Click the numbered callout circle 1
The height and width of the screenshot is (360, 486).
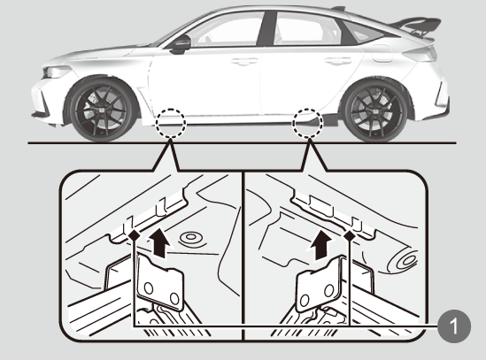coord(454,326)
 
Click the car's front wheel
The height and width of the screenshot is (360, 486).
coord(103,110)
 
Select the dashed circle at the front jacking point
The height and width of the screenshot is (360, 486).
coord(171,123)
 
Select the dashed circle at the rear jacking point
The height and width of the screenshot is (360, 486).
coord(308,123)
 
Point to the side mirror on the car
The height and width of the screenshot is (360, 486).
coord(181,44)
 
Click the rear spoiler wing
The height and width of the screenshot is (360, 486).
coord(417,26)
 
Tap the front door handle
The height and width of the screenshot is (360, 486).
coord(244,61)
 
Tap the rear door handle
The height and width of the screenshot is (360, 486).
coord(338,61)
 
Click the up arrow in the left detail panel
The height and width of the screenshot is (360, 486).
coord(159,242)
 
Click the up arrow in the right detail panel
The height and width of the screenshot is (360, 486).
coord(321,245)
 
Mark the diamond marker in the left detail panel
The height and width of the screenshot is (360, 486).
coord(135,235)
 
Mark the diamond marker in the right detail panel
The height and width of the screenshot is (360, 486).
coord(350,236)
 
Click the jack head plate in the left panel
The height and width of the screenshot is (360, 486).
coord(160,282)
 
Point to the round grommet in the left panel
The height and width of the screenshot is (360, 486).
coord(191,239)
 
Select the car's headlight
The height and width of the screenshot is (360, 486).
coord(56,72)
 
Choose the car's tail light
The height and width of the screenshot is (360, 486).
coord(419,55)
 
